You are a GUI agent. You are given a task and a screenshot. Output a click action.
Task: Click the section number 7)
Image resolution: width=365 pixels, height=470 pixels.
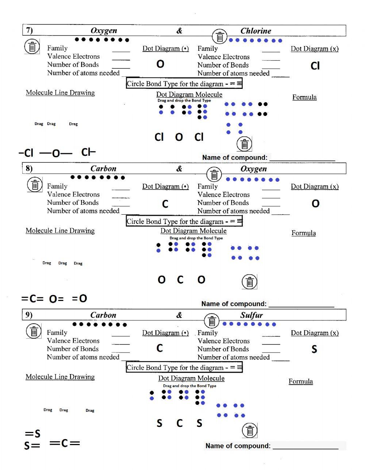[x=29, y=30]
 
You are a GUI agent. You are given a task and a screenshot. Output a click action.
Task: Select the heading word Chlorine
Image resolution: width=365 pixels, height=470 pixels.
[x=255, y=31]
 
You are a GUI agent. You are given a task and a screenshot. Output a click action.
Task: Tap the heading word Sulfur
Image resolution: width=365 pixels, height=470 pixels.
[x=251, y=315]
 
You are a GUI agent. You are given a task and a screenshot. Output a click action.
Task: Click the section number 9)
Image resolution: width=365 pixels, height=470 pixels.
[x=29, y=315]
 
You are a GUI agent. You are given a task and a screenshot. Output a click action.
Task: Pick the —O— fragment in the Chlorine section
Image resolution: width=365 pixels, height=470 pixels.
[x=56, y=153]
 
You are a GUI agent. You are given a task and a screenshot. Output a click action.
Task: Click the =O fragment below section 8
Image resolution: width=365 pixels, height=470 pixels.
[x=80, y=298]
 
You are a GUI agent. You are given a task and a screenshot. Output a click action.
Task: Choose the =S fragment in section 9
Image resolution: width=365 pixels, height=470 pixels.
[x=33, y=434]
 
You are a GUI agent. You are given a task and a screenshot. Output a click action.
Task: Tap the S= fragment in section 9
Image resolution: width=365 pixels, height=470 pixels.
[x=32, y=445]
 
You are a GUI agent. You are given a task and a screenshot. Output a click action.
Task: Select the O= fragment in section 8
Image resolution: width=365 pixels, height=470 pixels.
[x=57, y=299]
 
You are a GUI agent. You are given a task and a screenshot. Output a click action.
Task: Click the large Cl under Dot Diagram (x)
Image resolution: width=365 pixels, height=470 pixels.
[x=315, y=66]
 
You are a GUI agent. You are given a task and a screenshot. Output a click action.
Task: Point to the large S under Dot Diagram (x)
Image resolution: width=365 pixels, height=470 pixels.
[x=314, y=349]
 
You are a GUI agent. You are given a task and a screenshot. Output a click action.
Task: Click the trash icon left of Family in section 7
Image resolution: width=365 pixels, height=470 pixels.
[x=32, y=47]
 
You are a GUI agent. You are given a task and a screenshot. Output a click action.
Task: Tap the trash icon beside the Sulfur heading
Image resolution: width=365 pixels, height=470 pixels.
[x=212, y=321]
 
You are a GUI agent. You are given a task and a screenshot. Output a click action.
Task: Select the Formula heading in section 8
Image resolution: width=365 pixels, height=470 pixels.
[x=304, y=233]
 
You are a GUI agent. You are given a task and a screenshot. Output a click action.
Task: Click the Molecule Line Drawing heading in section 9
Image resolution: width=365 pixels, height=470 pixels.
[x=60, y=377]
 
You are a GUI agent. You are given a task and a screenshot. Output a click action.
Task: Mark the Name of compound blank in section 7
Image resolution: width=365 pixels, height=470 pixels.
[x=302, y=158]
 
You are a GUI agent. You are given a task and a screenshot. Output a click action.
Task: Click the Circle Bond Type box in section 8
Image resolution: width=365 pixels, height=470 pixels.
[x=184, y=221]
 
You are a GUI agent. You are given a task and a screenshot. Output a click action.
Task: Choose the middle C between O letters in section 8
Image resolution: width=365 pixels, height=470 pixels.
[x=180, y=280]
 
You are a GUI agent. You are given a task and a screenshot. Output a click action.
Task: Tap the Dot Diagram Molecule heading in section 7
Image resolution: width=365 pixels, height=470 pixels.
[x=189, y=94]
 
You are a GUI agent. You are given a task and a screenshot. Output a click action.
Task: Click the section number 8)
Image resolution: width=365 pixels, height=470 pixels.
[x=29, y=169]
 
